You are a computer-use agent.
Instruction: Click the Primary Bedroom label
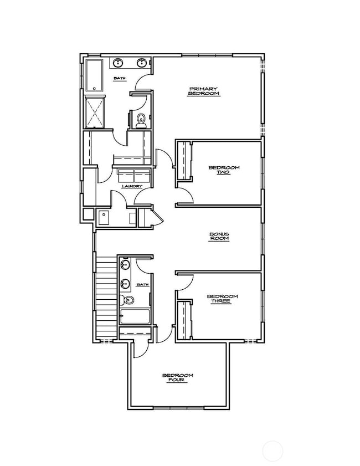tap(204, 91)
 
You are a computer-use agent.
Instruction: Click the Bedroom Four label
tap(178, 378)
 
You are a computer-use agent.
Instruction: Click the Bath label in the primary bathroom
tap(120, 79)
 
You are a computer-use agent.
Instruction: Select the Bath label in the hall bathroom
tap(143, 285)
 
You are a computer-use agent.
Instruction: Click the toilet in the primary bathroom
tap(141, 119)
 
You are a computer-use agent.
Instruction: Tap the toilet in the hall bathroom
tap(128, 301)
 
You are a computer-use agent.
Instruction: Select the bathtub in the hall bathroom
tap(135, 317)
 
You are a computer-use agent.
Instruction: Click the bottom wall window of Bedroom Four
tap(178, 408)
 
